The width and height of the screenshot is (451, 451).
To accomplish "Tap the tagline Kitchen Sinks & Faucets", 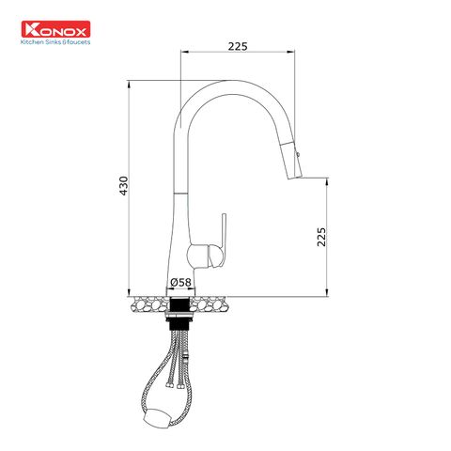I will (x=58, y=43).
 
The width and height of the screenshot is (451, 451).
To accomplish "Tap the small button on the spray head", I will (x=300, y=150).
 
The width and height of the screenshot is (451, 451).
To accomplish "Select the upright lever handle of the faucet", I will (x=225, y=230).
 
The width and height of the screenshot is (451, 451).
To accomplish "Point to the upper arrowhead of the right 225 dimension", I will (x=327, y=181).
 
